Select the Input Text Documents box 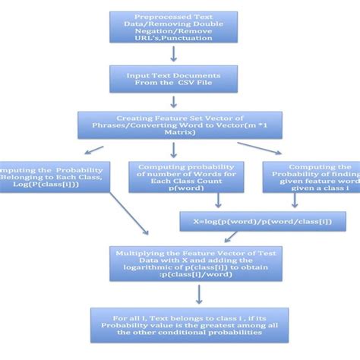[174, 79]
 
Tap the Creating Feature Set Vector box [174, 125]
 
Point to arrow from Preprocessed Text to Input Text [174, 54]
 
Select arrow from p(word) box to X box [218, 201]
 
